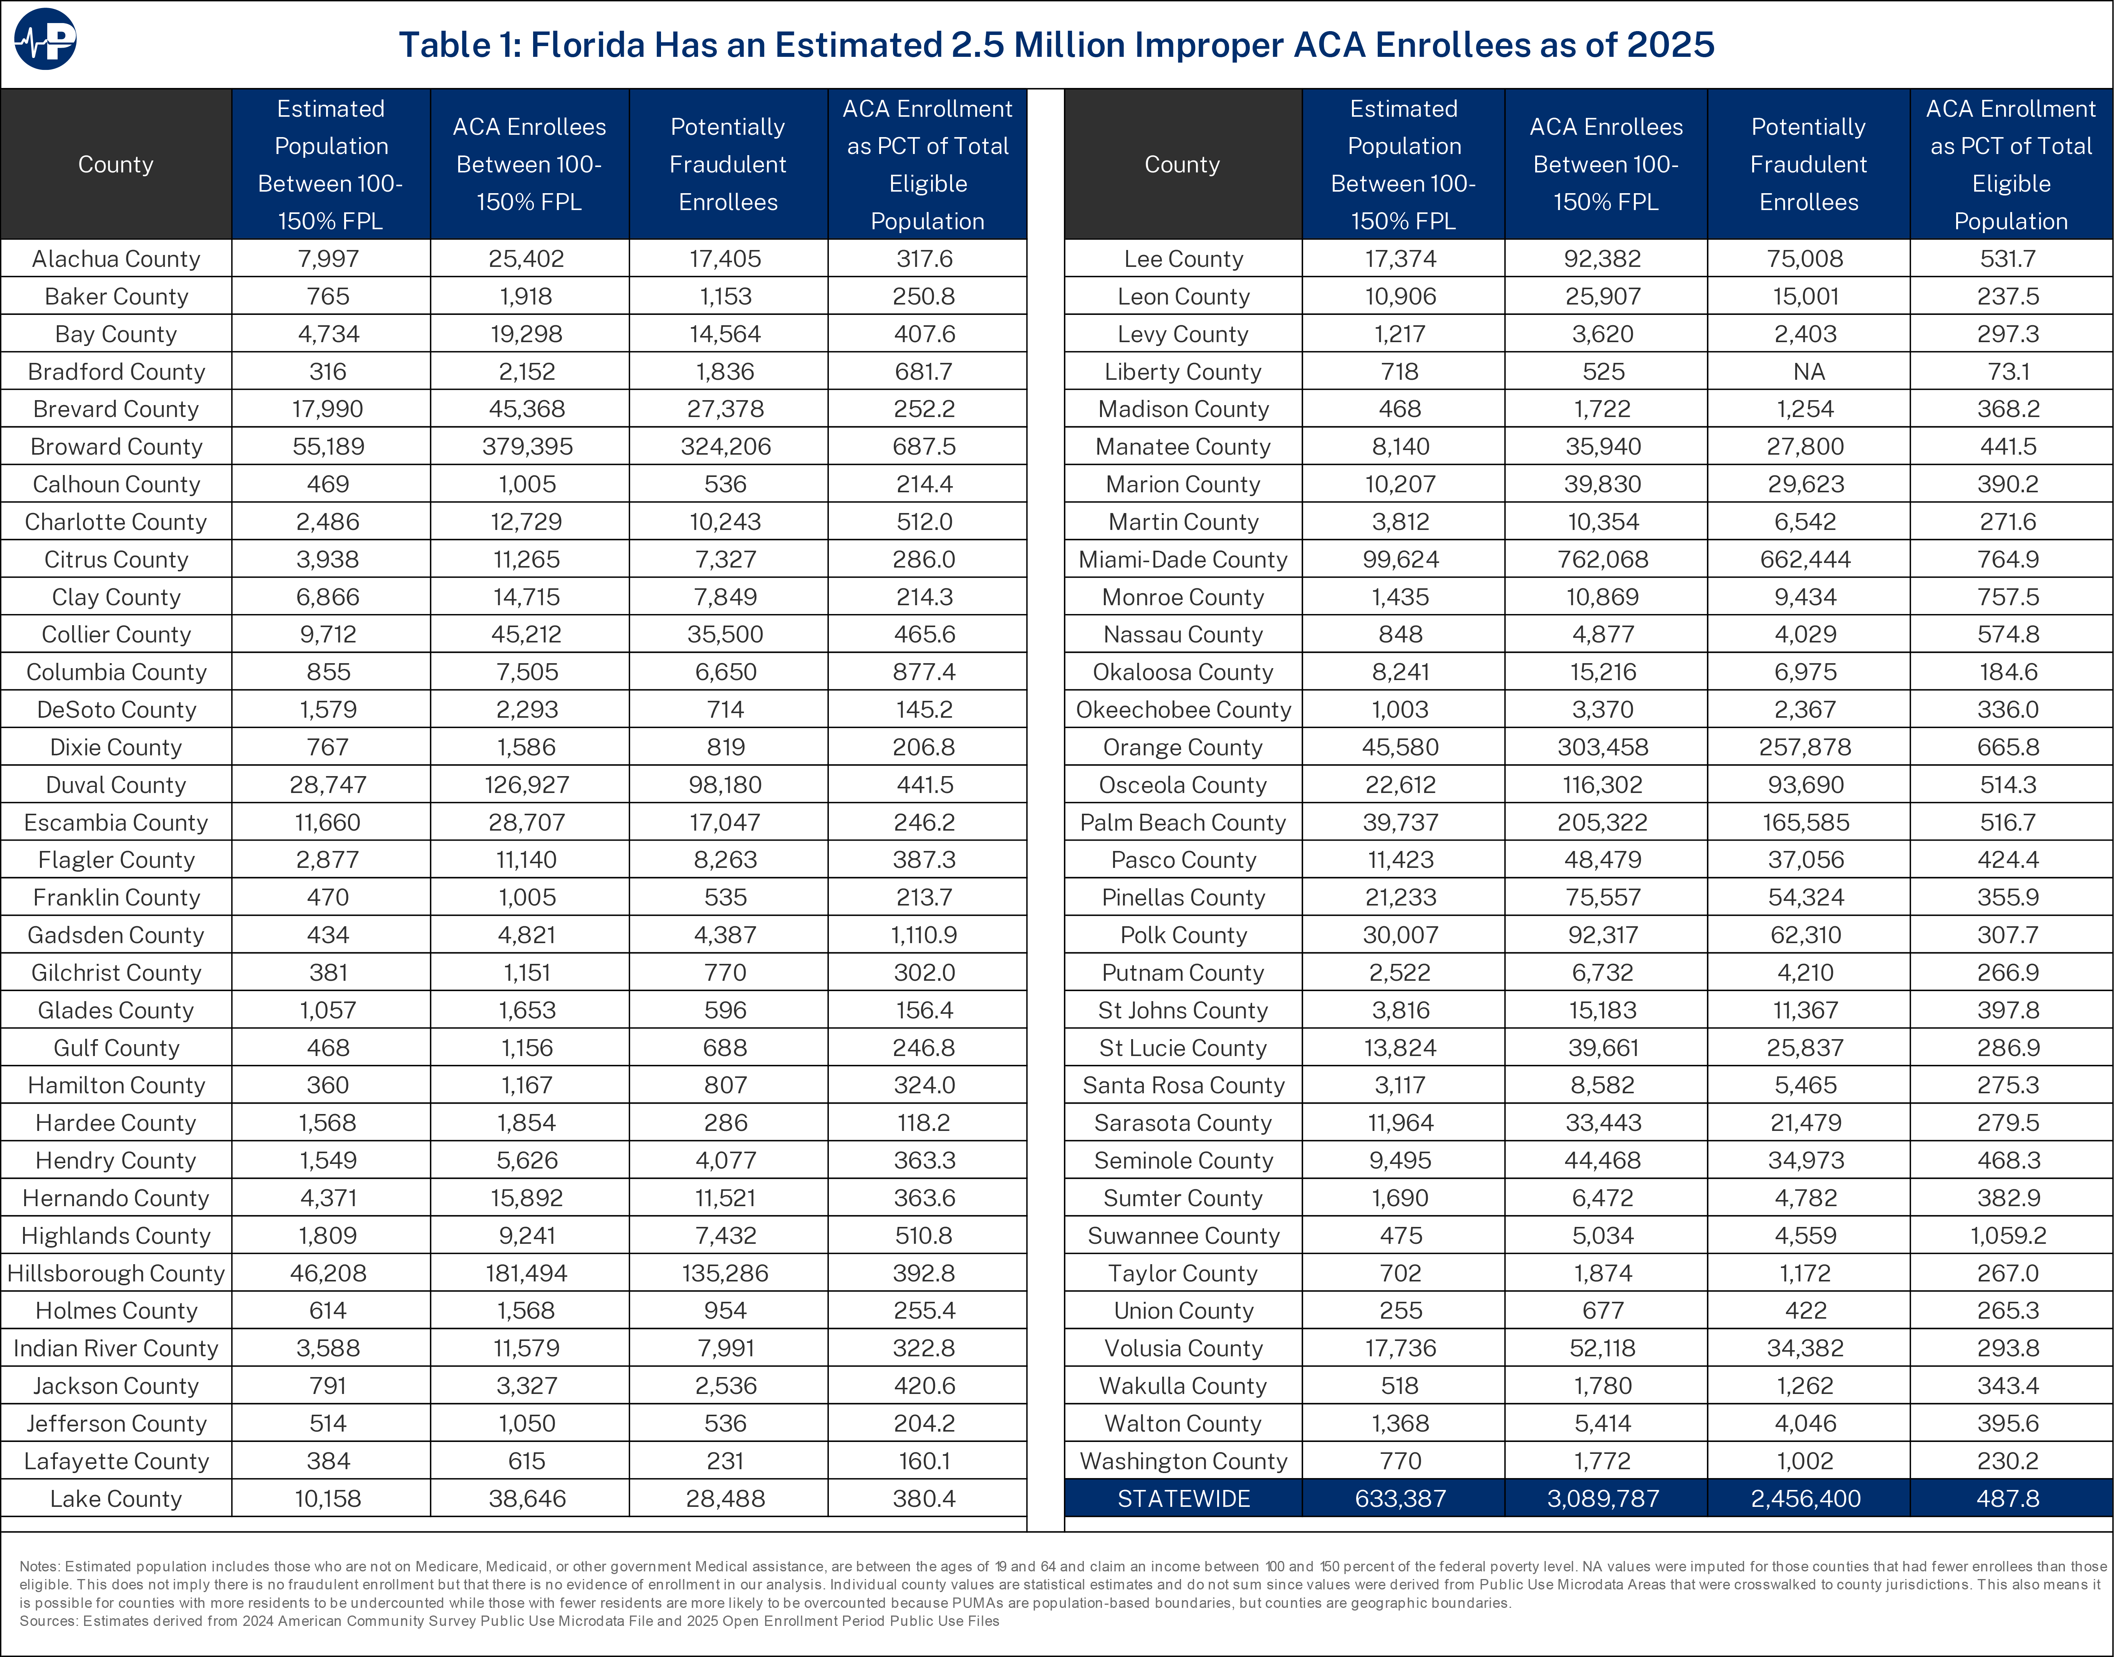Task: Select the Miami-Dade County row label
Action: click(x=1183, y=560)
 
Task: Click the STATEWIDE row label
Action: click(x=1183, y=1499)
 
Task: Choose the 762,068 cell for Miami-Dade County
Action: click(x=1603, y=560)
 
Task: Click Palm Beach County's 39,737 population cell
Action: click(x=1400, y=823)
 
